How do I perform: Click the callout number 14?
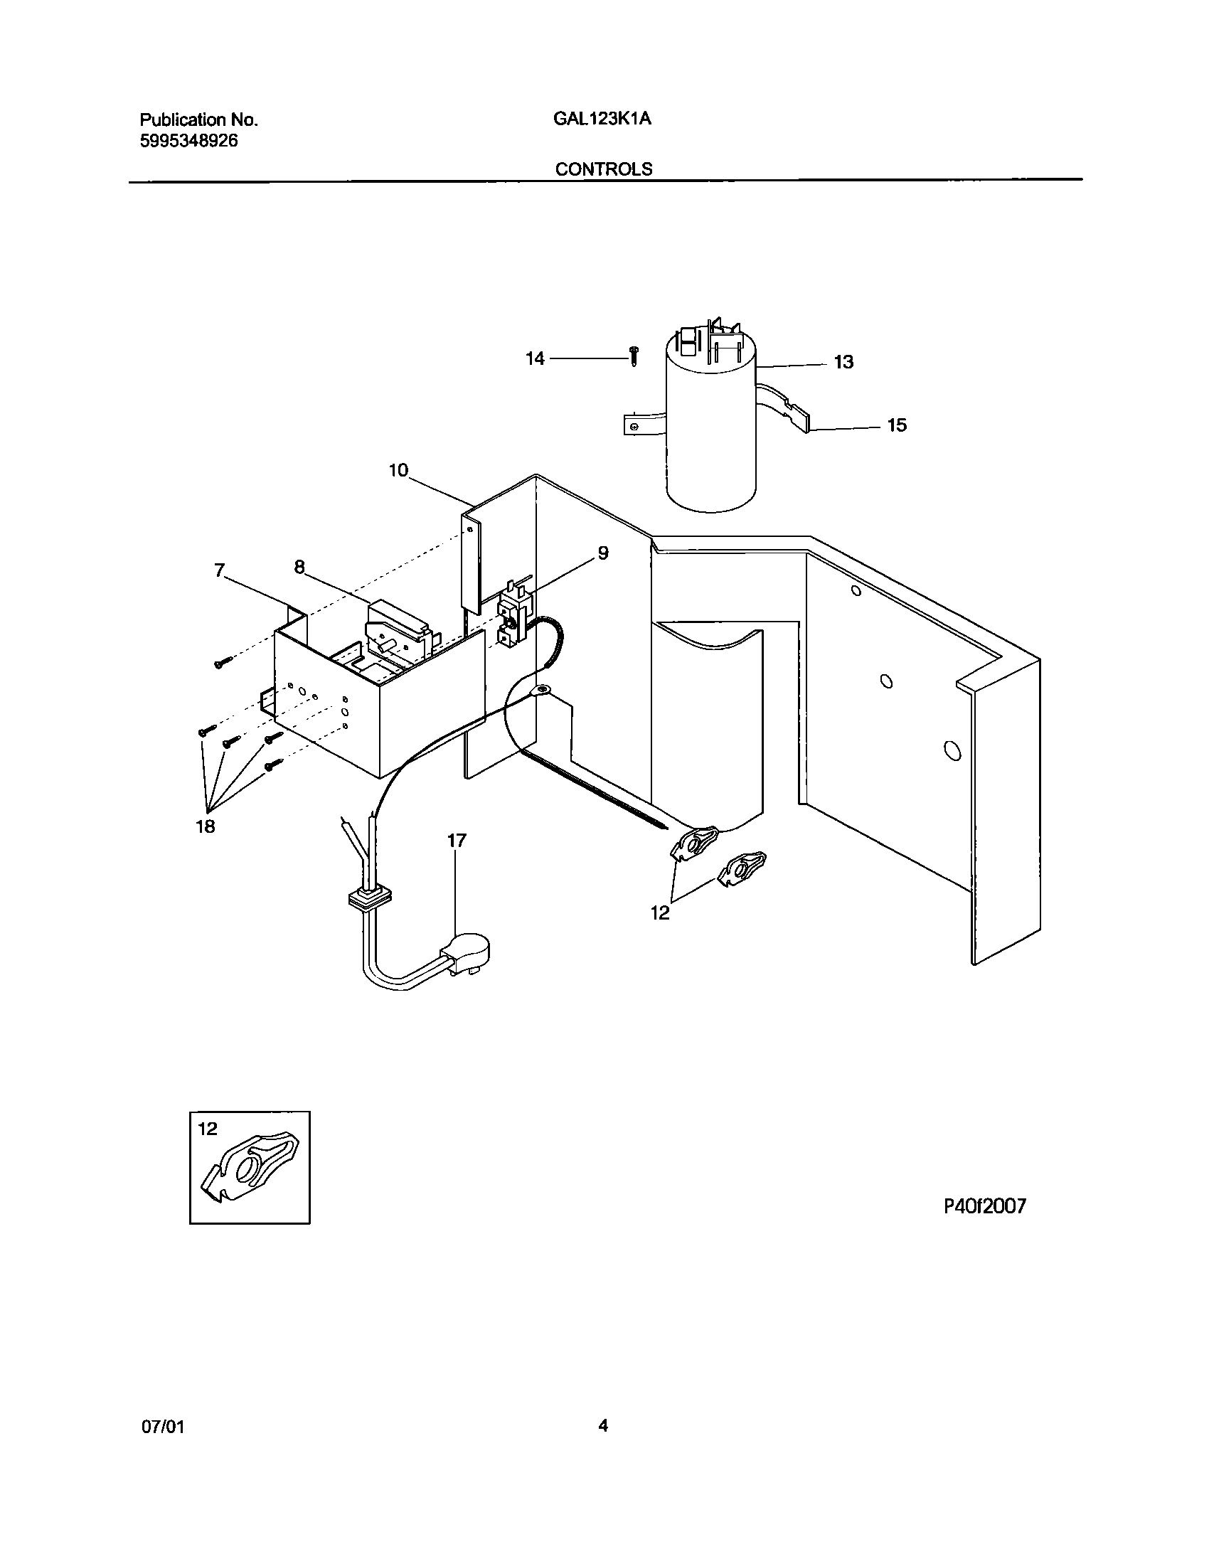click(535, 359)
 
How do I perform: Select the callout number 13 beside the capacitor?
click(843, 363)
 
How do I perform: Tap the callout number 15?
click(897, 425)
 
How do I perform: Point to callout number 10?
click(398, 470)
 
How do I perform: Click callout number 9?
click(603, 553)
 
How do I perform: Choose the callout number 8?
click(299, 567)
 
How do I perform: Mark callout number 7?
click(219, 570)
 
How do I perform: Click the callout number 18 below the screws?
click(206, 826)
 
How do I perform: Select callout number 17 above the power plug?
click(457, 841)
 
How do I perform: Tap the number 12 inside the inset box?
click(207, 1129)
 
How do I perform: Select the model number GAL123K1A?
click(602, 119)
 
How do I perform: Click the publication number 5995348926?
click(188, 141)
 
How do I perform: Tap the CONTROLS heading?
click(604, 169)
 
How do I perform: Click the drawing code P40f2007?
click(985, 1206)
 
